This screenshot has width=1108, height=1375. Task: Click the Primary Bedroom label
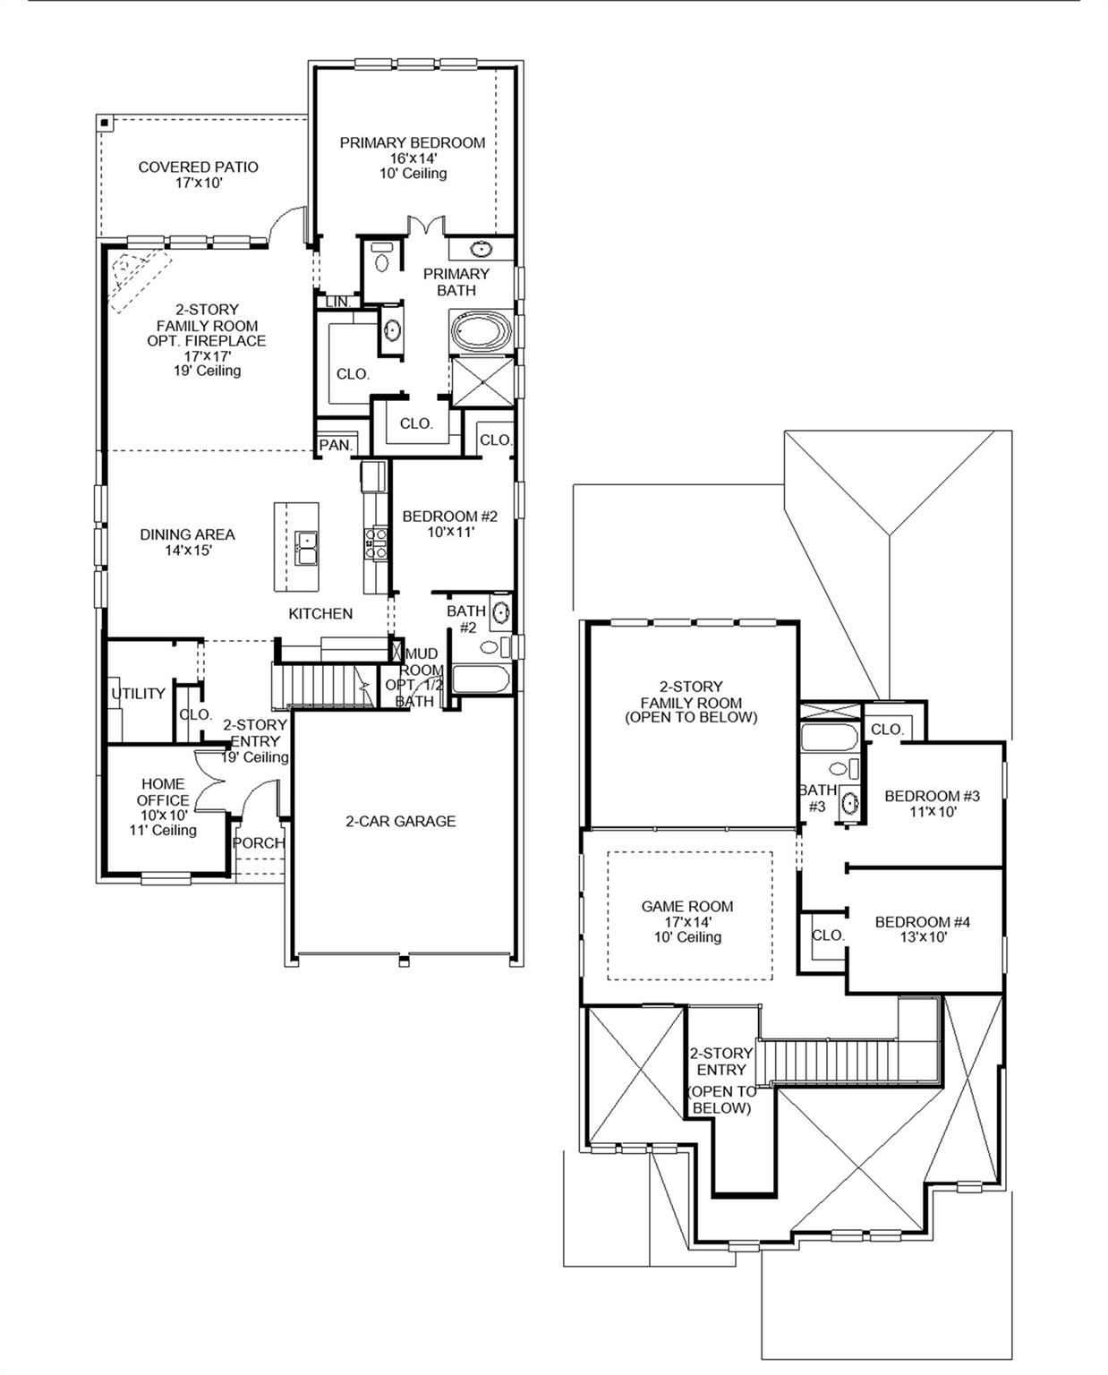[412, 143]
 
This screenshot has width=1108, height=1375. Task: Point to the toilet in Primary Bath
[382, 257]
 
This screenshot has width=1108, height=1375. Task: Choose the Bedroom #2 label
[449, 517]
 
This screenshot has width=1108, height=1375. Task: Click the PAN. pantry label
[336, 445]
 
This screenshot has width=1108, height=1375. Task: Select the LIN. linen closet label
[337, 303]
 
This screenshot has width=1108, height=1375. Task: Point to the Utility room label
[138, 694]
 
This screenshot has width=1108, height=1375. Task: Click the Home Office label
[163, 792]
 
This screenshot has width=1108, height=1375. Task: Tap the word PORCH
[258, 843]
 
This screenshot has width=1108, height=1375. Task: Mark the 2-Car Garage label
[400, 821]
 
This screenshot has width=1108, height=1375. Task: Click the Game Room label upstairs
[686, 907]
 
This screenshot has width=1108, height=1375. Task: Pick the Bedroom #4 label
[922, 922]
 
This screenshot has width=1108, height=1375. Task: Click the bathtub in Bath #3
[829, 738]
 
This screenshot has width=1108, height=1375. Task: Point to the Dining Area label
[187, 534]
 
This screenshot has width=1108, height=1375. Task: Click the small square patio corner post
[105, 123]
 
